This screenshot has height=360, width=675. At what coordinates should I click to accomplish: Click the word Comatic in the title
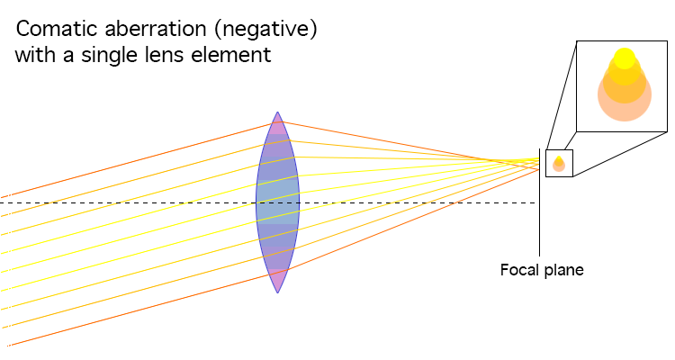point(58,29)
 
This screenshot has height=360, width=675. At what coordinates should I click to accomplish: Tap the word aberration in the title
point(156,29)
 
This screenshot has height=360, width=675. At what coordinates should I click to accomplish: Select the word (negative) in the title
point(265,30)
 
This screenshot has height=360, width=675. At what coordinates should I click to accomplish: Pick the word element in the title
point(231,55)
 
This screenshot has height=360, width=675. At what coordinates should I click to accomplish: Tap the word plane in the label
point(563,271)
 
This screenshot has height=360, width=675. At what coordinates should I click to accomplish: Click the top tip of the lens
point(278,112)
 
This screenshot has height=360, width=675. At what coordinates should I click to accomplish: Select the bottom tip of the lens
point(278,292)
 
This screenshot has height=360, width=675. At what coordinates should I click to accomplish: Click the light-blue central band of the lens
point(278,202)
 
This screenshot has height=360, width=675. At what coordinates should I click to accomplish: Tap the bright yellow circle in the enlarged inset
point(625,58)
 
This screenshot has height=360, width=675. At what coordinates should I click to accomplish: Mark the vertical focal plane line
point(539,202)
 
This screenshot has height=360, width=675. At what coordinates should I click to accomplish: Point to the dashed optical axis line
point(268,202)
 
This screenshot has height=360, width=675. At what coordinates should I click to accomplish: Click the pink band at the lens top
point(278,126)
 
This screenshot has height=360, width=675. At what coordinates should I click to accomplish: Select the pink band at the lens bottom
point(278,280)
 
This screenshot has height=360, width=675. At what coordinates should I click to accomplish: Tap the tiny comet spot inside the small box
point(559,164)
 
